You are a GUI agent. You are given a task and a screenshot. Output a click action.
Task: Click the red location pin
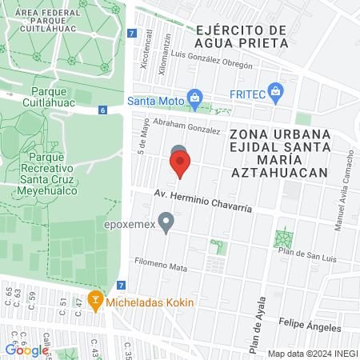point(180,165)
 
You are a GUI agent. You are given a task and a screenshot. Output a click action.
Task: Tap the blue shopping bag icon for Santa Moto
point(194,99)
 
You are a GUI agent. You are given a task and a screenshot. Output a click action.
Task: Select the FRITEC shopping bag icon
point(276,91)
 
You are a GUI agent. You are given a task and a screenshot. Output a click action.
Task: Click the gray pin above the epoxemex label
point(166,222)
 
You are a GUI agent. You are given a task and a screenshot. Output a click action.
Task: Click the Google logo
point(27,350)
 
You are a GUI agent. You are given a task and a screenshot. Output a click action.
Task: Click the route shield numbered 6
point(102,110)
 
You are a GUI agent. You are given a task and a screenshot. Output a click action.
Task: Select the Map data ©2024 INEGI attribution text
point(311,354)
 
